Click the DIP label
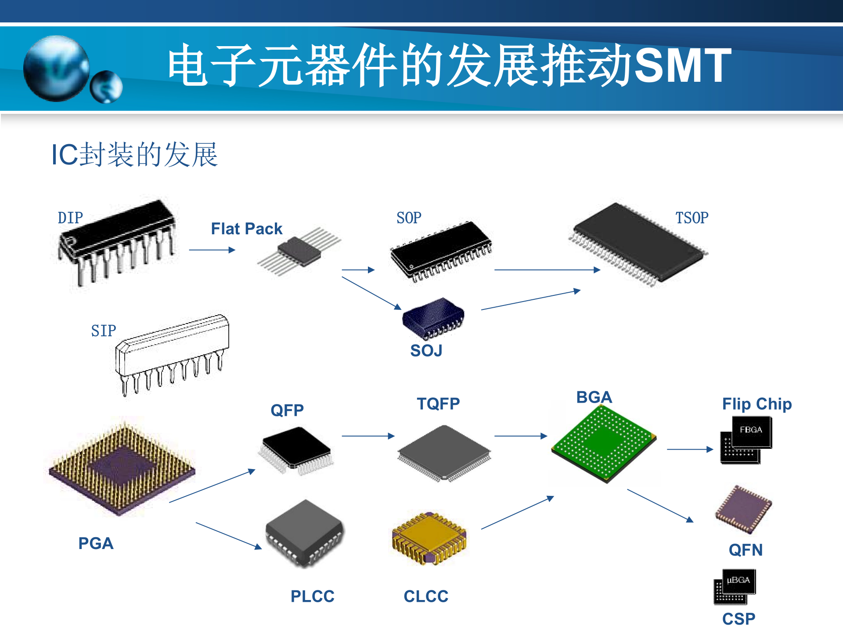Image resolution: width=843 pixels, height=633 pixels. [x=70, y=218]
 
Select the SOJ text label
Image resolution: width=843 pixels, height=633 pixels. [x=426, y=351]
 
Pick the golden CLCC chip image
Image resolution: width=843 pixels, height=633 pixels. [x=429, y=538]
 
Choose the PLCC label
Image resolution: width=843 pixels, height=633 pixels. [x=312, y=597]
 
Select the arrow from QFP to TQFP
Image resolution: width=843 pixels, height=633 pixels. [x=368, y=436]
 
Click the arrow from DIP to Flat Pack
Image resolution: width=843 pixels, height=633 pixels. [x=212, y=250]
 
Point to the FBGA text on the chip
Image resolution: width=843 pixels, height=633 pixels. [x=751, y=430]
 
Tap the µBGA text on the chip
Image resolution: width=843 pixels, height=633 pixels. [x=738, y=580]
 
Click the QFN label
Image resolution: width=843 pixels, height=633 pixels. [x=746, y=550]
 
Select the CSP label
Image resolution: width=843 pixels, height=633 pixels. [x=739, y=619]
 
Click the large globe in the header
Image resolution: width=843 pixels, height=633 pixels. [x=56, y=68]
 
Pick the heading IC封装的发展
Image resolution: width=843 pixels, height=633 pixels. [x=134, y=155]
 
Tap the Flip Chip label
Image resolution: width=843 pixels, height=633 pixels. [x=757, y=404]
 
